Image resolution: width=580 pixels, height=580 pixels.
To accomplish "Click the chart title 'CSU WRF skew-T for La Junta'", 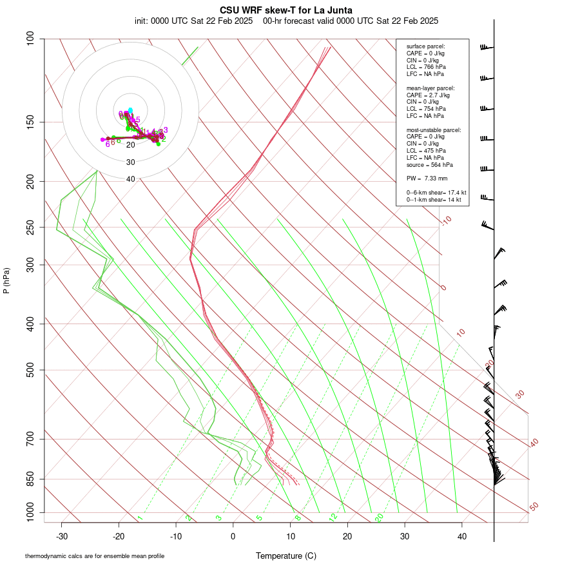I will point(286,10).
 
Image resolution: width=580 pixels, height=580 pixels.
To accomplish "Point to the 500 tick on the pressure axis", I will point(31,370).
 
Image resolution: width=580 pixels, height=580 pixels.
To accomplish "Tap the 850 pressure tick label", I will point(31,479).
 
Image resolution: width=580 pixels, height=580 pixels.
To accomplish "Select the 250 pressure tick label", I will point(31,227).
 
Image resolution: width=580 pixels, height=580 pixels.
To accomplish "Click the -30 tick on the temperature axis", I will point(62,536).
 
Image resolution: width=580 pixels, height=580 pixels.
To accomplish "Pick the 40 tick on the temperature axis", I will point(461,536).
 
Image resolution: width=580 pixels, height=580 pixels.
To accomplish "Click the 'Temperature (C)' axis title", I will point(286,556).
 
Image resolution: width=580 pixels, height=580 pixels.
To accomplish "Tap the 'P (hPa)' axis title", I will point(6,280).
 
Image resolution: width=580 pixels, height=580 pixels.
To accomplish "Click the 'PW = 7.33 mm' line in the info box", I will point(427,178).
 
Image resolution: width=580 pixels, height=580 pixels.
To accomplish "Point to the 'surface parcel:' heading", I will point(425,46).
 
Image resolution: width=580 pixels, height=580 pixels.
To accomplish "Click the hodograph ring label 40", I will point(131,179).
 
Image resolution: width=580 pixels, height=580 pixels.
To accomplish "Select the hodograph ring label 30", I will point(131,162).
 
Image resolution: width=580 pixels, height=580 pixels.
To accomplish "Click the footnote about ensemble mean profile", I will point(99,556).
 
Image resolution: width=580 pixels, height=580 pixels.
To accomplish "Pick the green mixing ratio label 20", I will point(380,517).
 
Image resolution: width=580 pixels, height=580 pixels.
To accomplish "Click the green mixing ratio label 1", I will point(140,517).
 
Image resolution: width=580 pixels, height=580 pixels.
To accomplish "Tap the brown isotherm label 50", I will point(534,507).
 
